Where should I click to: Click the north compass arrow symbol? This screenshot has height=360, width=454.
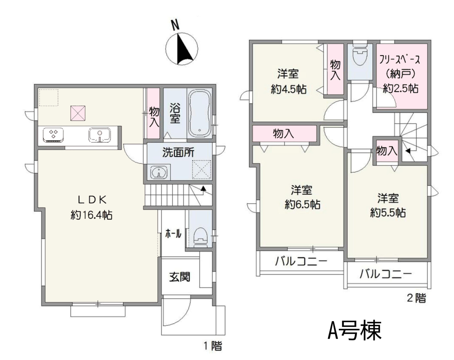182,49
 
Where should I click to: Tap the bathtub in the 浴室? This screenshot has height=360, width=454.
199,113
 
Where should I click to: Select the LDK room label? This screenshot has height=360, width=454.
92,200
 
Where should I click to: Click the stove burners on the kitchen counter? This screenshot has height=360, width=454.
53,134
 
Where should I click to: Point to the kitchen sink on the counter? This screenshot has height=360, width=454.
99,135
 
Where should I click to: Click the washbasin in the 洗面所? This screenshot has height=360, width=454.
159,172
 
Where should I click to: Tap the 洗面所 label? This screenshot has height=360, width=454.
178,153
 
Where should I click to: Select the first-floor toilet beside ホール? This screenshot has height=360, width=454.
200,237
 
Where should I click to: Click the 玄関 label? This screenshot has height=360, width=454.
180,277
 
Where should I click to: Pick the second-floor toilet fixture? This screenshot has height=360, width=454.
360,54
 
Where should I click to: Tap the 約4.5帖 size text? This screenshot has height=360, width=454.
288,89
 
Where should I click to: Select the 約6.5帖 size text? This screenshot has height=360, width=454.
302,205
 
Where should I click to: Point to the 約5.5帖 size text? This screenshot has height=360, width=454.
388,213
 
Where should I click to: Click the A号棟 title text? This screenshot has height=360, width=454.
355,330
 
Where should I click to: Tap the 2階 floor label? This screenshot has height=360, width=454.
416,298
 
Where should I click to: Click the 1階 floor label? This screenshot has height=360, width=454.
213,346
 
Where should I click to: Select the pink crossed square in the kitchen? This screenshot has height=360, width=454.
78,113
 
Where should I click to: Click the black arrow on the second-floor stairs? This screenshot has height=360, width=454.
408,151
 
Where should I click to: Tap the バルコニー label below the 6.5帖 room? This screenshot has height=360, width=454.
301,261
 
